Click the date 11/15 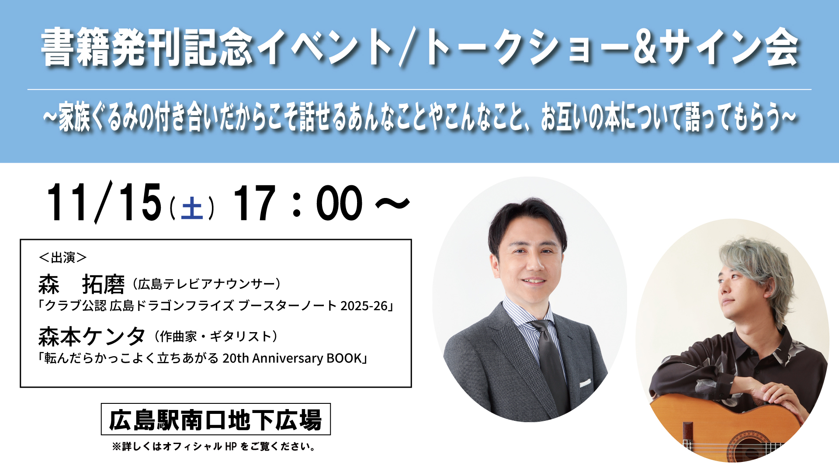point(104,202)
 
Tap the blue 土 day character point(192,208)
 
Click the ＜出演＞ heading point(63,257)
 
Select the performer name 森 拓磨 point(82,285)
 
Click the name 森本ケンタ point(92,337)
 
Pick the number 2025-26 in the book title point(364,306)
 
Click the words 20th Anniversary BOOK point(292,358)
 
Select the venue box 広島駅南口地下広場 point(216,419)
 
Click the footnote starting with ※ point(214,447)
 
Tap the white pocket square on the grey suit point(585,383)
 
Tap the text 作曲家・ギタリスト point(216,337)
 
